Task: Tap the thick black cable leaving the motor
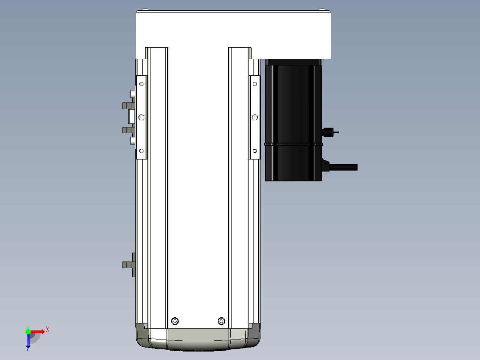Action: [343, 167]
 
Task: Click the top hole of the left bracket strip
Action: [142, 84]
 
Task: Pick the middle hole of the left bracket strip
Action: [142, 117]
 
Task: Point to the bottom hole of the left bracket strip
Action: [142, 151]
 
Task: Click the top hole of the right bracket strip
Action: [255, 84]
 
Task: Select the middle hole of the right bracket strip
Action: [255, 117]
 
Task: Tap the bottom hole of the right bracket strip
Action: [255, 151]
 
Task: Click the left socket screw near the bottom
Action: [175, 321]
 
